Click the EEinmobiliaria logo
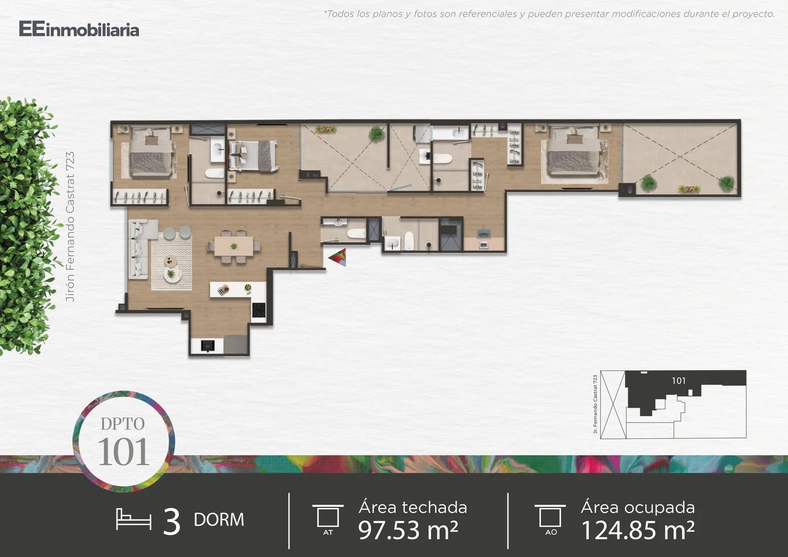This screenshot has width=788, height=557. point(79,29)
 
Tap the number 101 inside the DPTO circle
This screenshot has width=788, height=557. point(123,452)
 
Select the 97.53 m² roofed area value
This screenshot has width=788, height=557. point(408,530)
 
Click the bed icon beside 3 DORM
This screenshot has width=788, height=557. point(133,519)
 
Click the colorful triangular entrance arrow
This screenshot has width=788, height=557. point(338,257)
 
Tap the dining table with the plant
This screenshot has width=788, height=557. point(233,247)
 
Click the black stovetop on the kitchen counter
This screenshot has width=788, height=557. point(259,310)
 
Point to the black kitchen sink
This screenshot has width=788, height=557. point(207,346)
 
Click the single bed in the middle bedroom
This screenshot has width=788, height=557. point(253,155)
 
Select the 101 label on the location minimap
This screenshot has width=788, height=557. point(679,380)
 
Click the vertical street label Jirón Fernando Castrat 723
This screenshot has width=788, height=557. point(70,227)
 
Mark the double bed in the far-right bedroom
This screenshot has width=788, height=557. point(574,154)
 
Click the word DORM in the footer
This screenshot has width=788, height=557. point(219,520)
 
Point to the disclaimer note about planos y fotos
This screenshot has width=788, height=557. point(549,14)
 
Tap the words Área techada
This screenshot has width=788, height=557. point(413,507)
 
